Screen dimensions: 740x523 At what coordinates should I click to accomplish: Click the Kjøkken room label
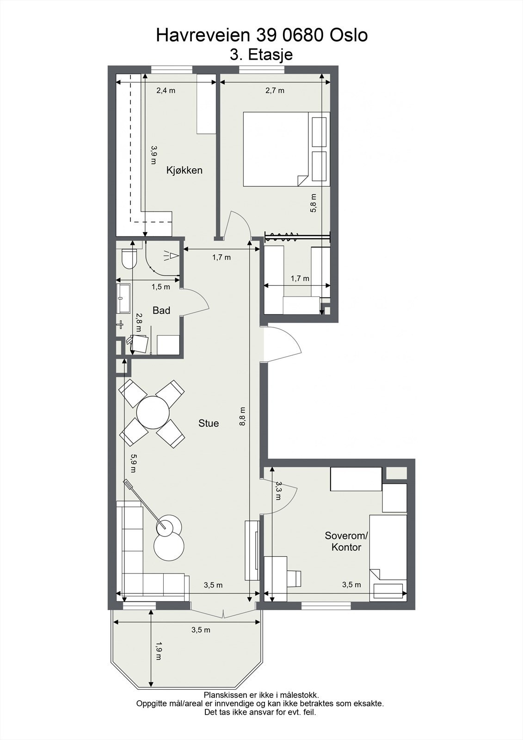[x=184, y=170]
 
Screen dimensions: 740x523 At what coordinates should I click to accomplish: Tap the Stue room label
[x=209, y=423]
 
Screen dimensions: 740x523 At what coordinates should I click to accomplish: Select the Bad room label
[x=161, y=310]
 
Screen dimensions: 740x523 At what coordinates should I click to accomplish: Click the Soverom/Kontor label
[x=346, y=542]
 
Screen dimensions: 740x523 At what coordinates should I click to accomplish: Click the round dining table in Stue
[x=153, y=413]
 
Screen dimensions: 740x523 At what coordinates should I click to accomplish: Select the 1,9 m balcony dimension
[x=159, y=650]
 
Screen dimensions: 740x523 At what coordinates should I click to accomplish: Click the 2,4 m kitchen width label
[x=166, y=91]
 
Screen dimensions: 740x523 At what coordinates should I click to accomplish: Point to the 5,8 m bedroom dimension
[x=314, y=203]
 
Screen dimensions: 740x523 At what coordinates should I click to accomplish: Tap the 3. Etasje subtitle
[x=261, y=55]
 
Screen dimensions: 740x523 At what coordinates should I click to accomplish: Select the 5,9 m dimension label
[x=133, y=463]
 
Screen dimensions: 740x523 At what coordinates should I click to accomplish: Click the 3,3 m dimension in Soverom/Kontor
[x=278, y=491]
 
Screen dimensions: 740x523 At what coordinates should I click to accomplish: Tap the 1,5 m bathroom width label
[x=161, y=287]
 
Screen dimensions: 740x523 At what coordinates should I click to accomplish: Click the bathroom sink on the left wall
[x=123, y=298]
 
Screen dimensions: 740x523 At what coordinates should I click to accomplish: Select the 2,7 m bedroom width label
[x=275, y=91]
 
